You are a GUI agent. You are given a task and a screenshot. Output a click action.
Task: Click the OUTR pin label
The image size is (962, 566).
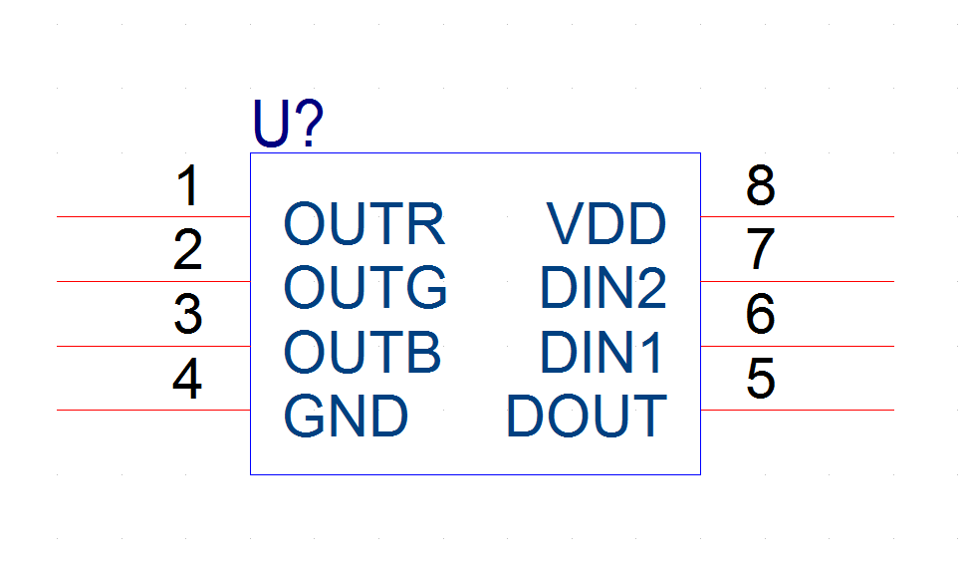pos(363,224)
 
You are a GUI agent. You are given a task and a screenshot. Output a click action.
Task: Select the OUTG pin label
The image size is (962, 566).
pos(365,287)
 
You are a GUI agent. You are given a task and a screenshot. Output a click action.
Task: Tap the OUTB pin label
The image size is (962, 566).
pos(361,352)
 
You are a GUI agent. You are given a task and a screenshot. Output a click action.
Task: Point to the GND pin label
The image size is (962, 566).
pos(346,416)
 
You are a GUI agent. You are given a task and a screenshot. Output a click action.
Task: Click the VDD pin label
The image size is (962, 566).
pos(606,224)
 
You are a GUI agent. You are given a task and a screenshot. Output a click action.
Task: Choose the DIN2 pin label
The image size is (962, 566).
pos(603,287)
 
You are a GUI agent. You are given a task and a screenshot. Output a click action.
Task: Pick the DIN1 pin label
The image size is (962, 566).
pos(601,352)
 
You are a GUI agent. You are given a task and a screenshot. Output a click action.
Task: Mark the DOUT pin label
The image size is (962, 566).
pos(587,416)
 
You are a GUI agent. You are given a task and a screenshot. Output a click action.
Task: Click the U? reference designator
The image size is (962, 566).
pos(288,124)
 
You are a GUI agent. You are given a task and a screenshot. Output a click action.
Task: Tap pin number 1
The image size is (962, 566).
pos(188,185)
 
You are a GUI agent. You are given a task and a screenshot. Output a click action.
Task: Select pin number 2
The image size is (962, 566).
pos(188,250)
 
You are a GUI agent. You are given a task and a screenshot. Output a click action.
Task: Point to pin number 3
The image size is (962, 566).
pos(188,314)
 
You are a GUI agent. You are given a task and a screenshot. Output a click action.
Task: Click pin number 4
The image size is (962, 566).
pos(187,378)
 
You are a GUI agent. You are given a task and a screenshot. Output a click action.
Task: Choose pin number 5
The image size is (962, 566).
pos(761,378)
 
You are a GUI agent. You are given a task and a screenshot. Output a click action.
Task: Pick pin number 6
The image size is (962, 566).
pos(761,314)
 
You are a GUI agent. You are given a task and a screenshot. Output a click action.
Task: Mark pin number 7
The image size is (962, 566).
pos(761,249)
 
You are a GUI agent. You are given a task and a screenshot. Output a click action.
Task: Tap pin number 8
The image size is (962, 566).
pos(761,185)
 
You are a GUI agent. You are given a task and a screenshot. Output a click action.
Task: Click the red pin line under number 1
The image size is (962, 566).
pos(153,216)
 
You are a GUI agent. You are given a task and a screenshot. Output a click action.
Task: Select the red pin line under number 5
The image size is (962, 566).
pos(798,411)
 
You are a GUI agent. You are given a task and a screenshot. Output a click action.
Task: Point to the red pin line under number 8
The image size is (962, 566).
pos(798,216)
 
